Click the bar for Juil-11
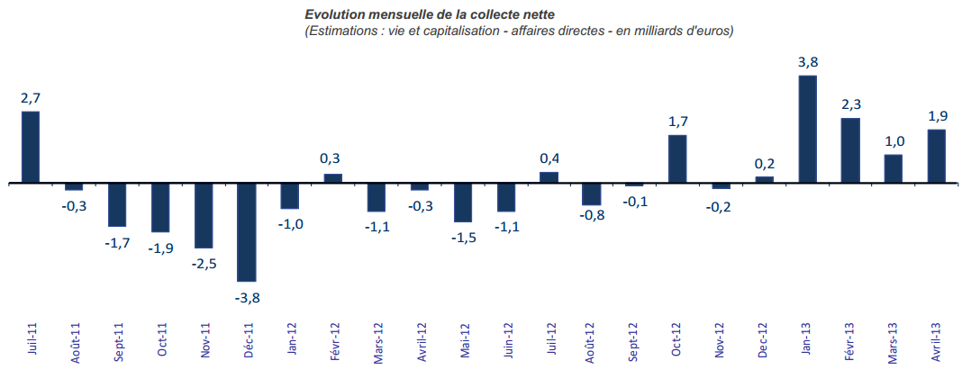31,147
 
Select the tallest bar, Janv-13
808,129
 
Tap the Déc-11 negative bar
247,231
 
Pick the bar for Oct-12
678,158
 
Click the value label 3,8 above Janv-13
808,62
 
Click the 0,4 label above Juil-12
549,158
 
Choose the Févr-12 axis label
334,341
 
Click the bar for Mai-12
462,202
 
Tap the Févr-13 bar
850,150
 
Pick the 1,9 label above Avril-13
938,116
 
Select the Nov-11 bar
204,215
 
